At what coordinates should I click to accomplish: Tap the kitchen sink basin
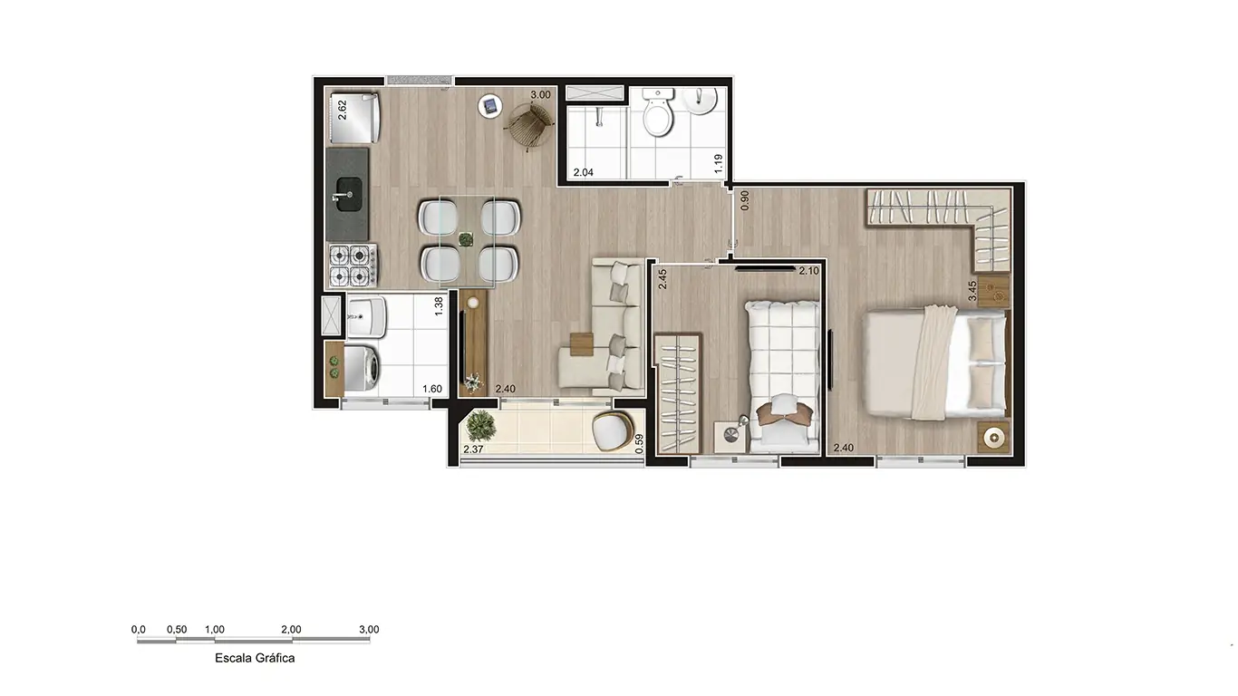pyautogui.click(x=347, y=194)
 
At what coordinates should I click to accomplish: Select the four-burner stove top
pyautogui.click(x=352, y=266)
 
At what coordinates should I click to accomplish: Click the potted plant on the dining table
pyautogui.click(x=466, y=239)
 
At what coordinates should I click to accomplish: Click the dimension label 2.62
pyautogui.click(x=342, y=110)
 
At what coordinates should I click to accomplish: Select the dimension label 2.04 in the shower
pyautogui.click(x=582, y=172)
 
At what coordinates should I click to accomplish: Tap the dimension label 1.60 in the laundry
pyautogui.click(x=432, y=390)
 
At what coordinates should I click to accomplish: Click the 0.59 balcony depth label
pyautogui.click(x=639, y=442)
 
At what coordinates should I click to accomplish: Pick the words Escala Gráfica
pyautogui.click(x=255, y=658)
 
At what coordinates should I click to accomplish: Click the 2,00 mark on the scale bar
pyautogui.click(x=291, y=629)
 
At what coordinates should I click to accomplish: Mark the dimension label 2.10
pyautogui.click(x=808, y=271)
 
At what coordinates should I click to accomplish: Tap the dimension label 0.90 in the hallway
pyautogui.click(x=745, y=200)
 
